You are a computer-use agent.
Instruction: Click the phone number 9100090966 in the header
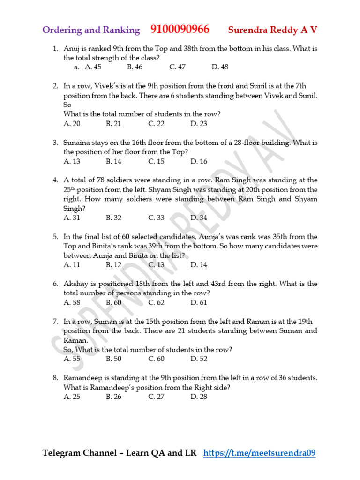180,30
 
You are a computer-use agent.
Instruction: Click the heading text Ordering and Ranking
91,30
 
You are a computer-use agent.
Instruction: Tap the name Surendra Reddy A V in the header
272,30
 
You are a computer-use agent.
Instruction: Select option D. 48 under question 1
220,67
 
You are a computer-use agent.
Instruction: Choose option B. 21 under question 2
113,124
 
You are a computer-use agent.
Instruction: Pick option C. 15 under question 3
156,161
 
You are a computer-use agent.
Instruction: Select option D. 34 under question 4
199,217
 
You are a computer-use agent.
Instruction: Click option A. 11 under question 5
72,265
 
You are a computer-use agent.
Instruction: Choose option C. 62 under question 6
156,302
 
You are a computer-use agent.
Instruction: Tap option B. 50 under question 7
113,359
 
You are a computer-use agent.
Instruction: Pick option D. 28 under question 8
199,397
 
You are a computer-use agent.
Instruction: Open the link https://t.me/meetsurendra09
260,453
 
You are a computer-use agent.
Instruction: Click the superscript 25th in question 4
69,190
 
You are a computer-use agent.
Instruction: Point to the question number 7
55,322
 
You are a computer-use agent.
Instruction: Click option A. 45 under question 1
93,67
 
